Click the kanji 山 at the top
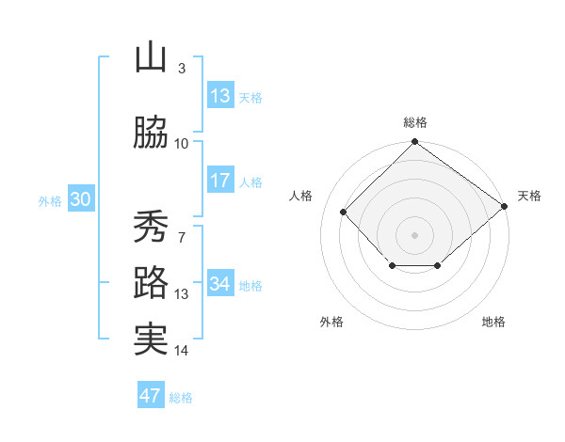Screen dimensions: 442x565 pyautogui.click(x=151, y=58)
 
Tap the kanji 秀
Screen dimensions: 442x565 pyautogui.click(x=151, y=227)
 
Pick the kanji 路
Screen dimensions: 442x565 pyautogui.click(x=151, y=283)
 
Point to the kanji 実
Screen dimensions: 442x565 pyautogui.click(x=151, y=339)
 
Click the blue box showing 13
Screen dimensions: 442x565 pyautogui.click(x=219, y=96)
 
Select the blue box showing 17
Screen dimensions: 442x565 pyautogui.click(x=219, y=181)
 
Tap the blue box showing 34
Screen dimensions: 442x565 pyautogui.click(x=219, y=285)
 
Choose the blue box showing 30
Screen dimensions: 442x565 pyautogui.click(x=80, y=200)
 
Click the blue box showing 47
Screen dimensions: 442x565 pyautogui.click(x=151, y=396)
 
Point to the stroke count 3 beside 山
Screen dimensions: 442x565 pyautogui.click(x=181, y=69)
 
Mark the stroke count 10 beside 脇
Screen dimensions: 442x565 pyautogui.click(x=181, y=144)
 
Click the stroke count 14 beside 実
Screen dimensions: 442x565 pyautogui.click(x=181, y=351)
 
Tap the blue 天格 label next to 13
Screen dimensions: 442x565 pyautogui.click(x=250, y=97)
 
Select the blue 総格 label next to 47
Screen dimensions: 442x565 pyautogui.click(x=181, y=398)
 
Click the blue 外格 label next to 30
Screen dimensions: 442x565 pyautogui.click(x=50, y=201)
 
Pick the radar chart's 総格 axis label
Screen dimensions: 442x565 pyautogui.click(x=414, y=122)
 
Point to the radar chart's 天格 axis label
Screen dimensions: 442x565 pyautogui.click(x=529, y=196)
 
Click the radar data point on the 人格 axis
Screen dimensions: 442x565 pyautogui.click(x=343, y=212)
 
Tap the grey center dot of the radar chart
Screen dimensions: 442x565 pyautogui.click(x=414, y=234)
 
